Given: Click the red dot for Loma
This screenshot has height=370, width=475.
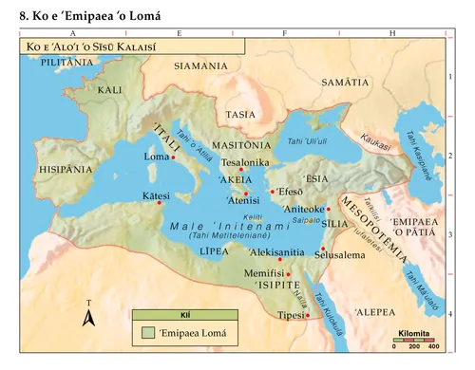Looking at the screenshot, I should (x=173, y=157).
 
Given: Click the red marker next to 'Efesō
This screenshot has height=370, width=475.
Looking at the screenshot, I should (x=273, y=193).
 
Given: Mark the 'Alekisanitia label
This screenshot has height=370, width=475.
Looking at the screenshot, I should (x=276, y=253).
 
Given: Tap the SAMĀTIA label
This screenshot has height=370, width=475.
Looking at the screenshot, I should (x=344, y=83).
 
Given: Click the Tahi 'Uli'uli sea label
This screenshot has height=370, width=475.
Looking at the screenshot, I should (x=307, y=141).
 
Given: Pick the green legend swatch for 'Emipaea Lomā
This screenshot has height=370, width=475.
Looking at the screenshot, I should (x=147, y=333).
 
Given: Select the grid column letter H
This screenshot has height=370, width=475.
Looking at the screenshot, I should (x=392, y=33).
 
